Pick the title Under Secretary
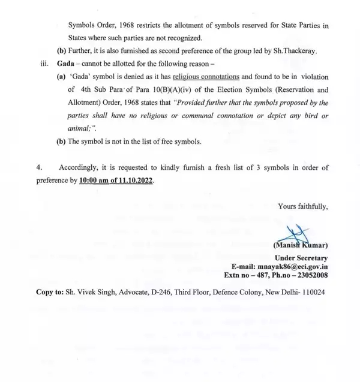[x=299, y=257]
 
